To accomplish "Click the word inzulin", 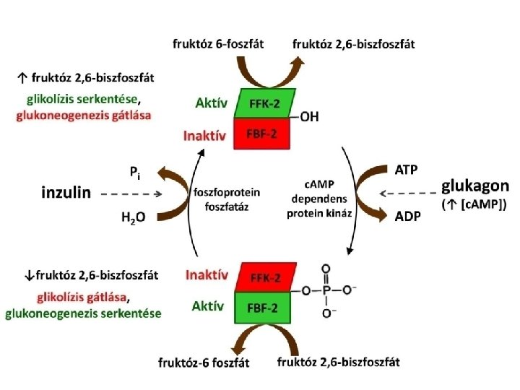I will tap(64, 193).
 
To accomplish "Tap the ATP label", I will tap(406, 170).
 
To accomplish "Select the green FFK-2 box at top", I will tap(262, 105).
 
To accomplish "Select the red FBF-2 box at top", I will tap(262, 134).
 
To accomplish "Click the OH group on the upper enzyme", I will tap(309, 118).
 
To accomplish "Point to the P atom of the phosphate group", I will tap(327, 290).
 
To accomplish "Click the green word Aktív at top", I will tap(212, 103).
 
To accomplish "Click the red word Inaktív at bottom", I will tap(207, 275).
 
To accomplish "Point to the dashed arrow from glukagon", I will tap(407, 193).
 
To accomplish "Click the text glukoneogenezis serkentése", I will tap(83, 313).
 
